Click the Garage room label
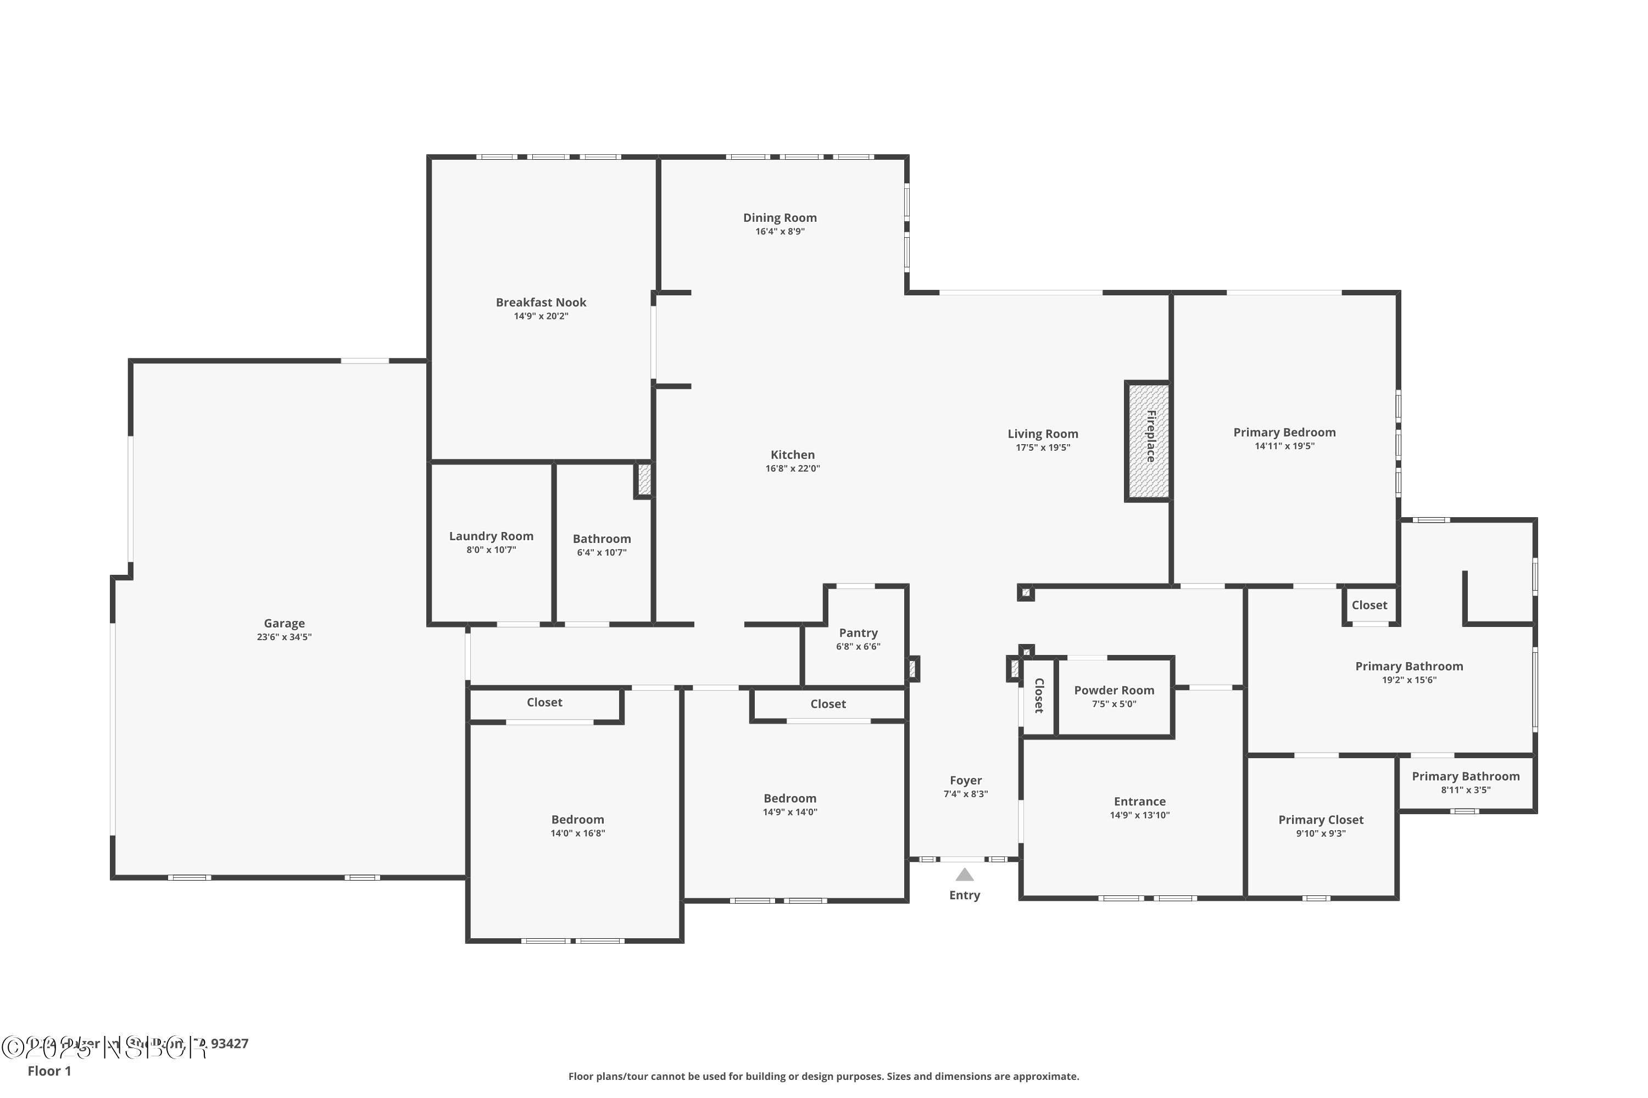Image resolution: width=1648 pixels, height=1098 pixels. (x=284, y=623)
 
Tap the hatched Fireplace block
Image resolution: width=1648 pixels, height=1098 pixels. (x=1147, y=441)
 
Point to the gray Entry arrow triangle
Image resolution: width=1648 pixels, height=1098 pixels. (x=965, y=875)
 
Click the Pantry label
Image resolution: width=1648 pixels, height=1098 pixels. (x=858, y=633)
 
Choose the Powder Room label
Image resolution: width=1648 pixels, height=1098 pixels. (x=1114, y=691)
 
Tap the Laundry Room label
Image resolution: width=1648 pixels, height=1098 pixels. (x=491, y=536)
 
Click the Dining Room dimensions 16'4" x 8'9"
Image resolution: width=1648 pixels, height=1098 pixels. (x=780, y=232)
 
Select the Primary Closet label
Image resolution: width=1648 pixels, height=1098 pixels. (x=1321, y=820)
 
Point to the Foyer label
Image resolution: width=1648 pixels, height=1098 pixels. (x=966, y=780)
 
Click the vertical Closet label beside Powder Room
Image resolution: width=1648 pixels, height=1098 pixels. (x=1039, y=696)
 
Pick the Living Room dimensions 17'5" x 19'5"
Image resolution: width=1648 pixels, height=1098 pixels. (x=1043, y=448)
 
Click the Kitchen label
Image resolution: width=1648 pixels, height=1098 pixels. (x=793, y=455)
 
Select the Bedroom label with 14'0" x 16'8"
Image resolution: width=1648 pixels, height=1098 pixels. (x=577, y=820)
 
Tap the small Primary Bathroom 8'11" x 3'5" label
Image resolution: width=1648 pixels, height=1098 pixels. (x=1465, y=777)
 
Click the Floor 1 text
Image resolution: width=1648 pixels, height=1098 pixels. (x=49, y=1071)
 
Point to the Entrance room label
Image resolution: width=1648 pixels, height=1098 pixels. (x=1139, y=802)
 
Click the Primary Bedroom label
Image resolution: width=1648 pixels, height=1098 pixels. (x=1284, y=433)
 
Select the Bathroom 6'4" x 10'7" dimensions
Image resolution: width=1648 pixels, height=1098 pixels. (x=602, y=552)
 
